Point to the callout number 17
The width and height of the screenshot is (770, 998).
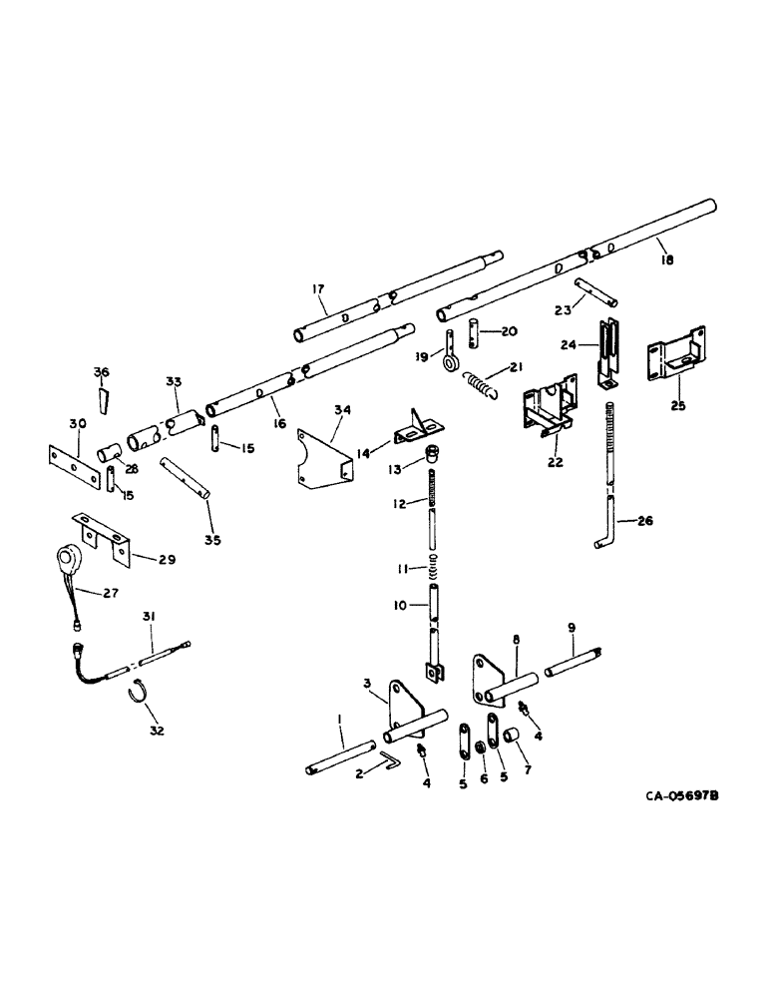(319, 290)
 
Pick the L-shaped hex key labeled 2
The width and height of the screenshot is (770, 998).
(388, 762)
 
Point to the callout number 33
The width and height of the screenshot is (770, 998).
(175, 381)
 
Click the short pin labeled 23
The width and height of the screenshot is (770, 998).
(602, 296)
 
